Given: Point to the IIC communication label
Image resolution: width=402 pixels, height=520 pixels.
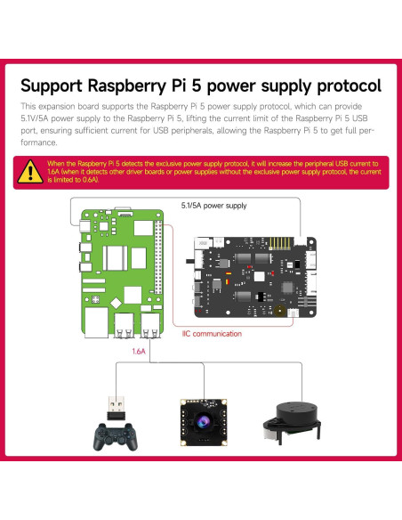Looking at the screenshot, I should pyautogui.click(x=212, y=334).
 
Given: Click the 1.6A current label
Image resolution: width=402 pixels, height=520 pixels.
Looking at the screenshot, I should pyautogui.click(x=138, y=352).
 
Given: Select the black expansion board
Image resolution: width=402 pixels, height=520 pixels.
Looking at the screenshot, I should pyautogui.click(x=253, y=277).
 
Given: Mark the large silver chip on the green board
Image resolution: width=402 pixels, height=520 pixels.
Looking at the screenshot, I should pyautogui.click(x=116, y=258).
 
